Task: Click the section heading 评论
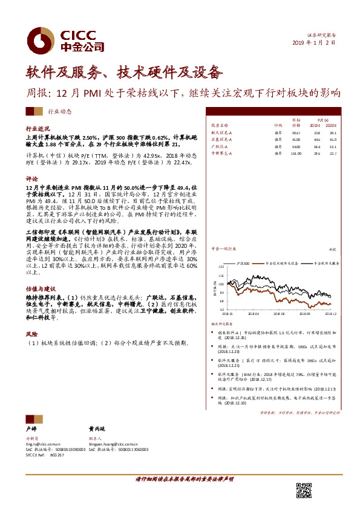[x=31, y=179]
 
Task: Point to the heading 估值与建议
[x=40, y=273]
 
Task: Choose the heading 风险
[x=31, y=333]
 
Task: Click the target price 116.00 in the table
[x=295, y=153]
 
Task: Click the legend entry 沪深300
[x=245, y=264]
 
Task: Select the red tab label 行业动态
[x=59, y=111]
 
